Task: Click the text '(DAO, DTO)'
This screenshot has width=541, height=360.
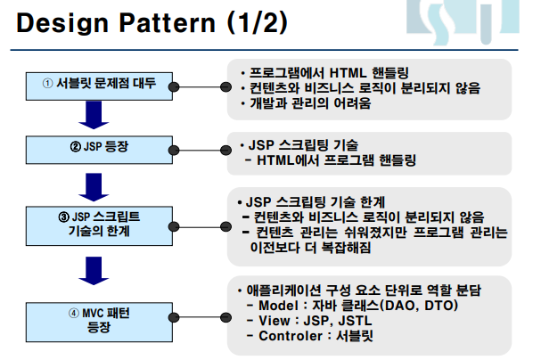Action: (419, 307)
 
